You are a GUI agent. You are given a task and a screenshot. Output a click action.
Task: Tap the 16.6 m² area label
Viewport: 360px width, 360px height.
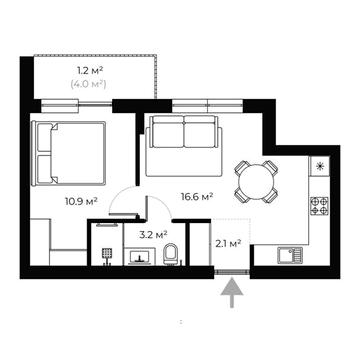click(195, 197)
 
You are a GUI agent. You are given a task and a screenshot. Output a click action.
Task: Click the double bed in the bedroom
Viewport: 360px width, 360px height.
click(66, 151)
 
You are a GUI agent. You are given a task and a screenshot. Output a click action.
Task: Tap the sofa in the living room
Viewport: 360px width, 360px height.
click(182, 146)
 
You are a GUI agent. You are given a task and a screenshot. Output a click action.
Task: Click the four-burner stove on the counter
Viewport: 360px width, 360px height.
click(319, 206)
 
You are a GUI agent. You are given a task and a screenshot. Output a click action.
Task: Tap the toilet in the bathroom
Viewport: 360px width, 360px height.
click(171, 252)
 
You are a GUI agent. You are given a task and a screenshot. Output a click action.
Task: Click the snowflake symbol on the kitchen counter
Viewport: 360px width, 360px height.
click(320, 166)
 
